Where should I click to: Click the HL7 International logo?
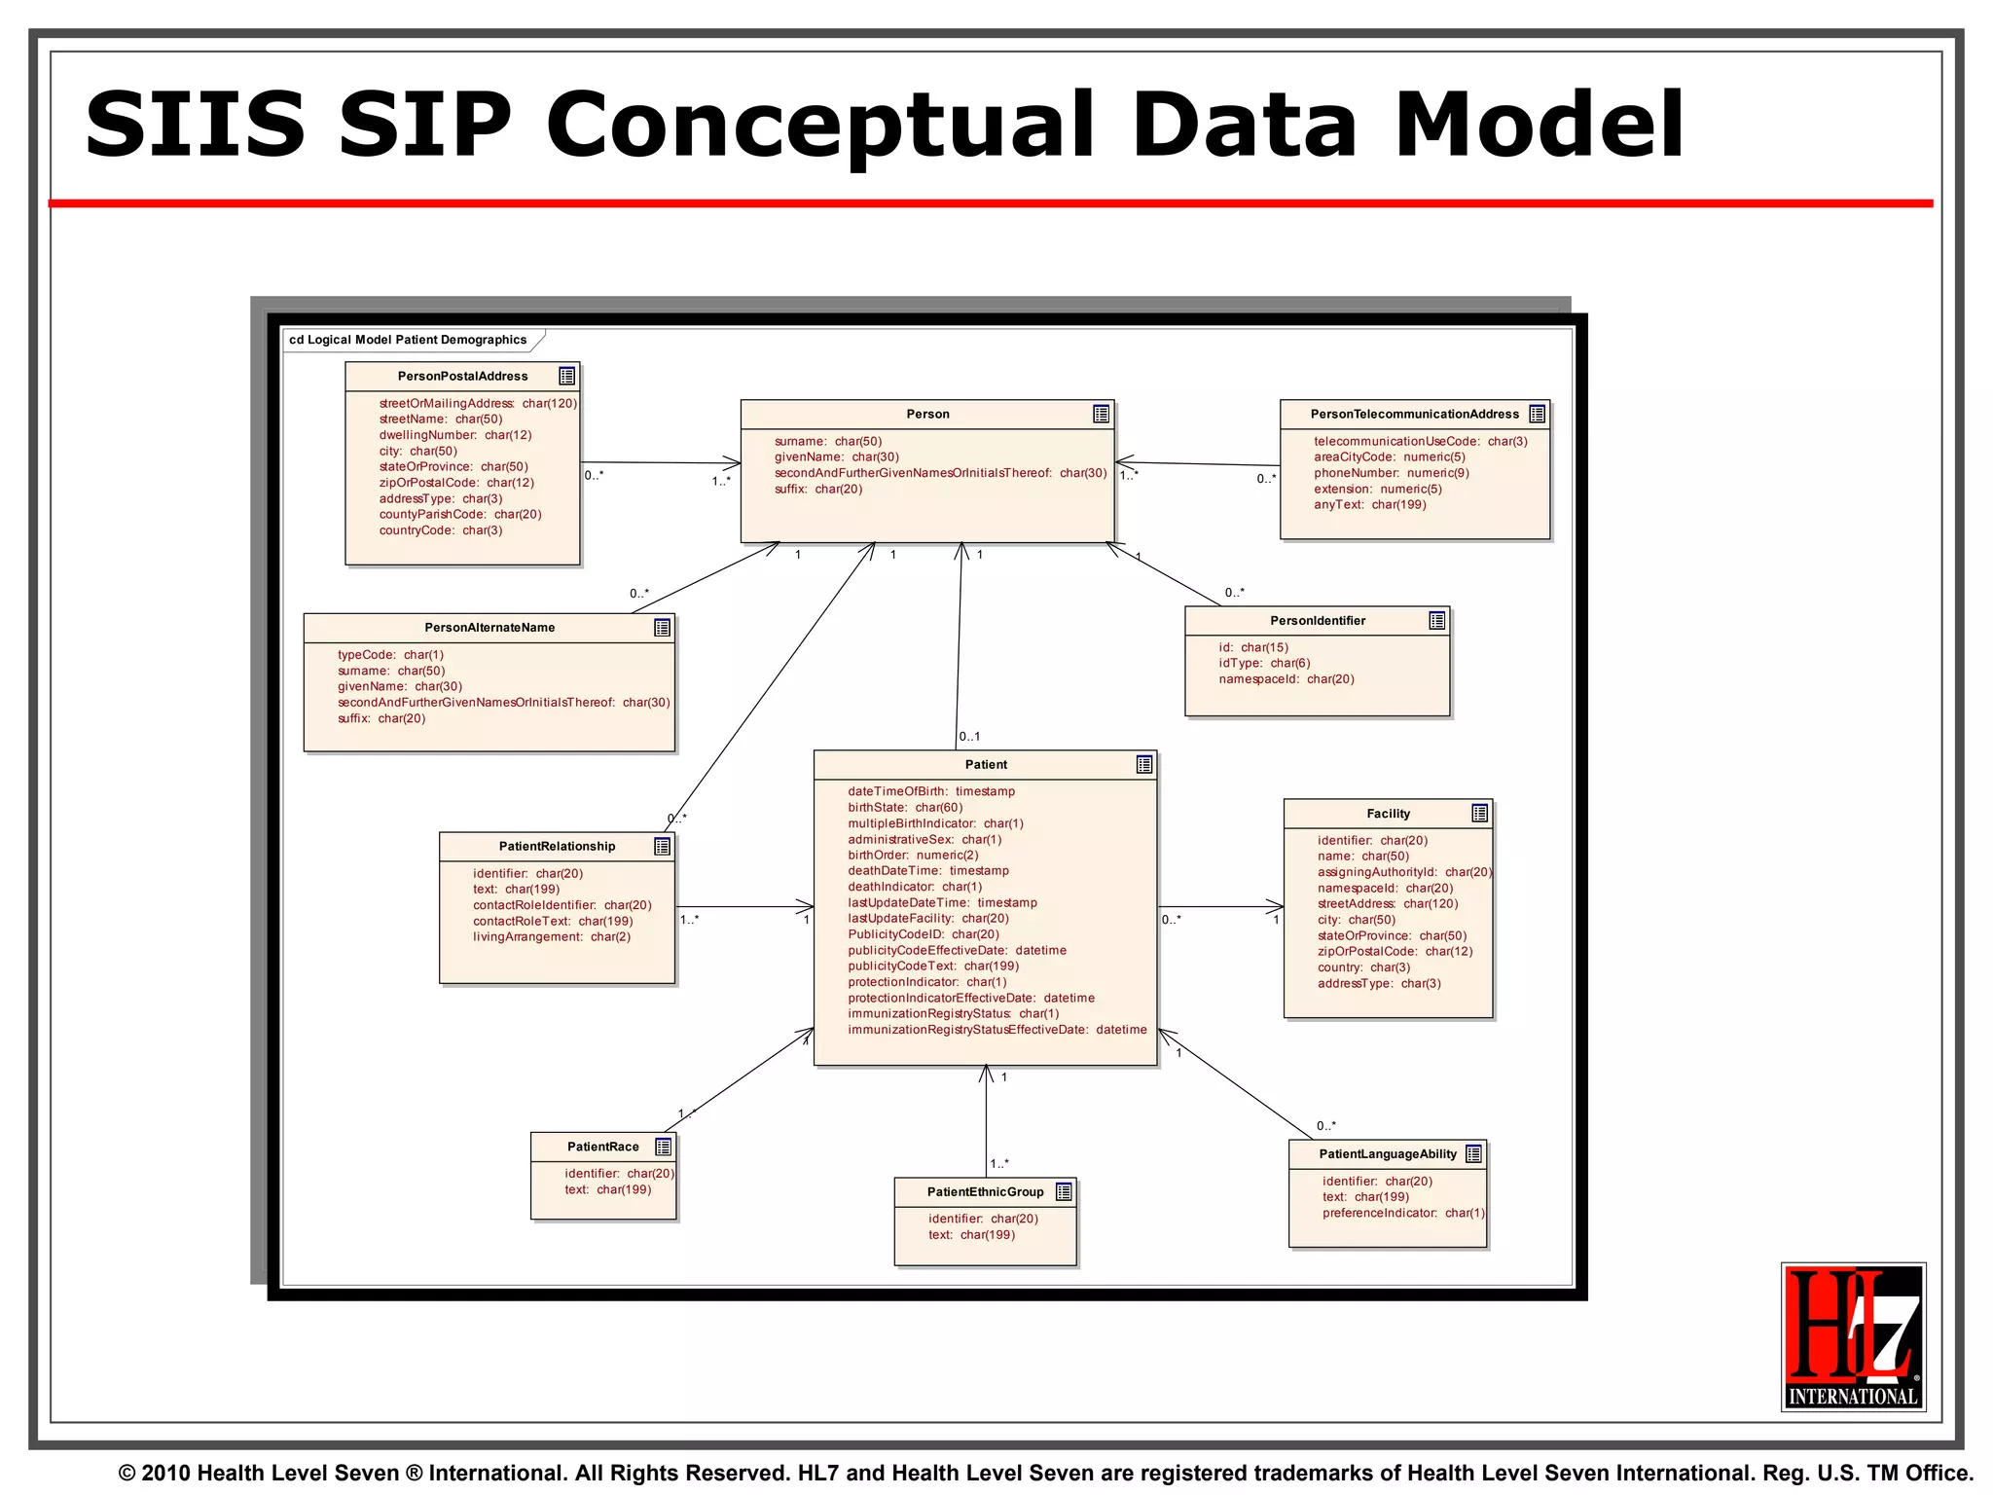(1853, 1335)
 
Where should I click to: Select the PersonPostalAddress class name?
(462, 377)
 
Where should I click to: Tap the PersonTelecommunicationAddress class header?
(1414, 415)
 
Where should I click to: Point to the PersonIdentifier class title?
(1317, 621)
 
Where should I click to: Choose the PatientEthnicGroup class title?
(985, 1192)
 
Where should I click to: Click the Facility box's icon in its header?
(1479, 814)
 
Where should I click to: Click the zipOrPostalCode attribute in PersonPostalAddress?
(455, 483)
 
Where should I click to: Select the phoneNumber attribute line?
(1391, 473)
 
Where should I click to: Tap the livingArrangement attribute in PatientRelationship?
(551, 937)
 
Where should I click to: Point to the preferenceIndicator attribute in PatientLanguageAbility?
(1402, 1214)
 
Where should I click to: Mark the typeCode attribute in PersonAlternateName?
(390, 655)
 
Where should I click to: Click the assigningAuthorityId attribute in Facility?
(1403, 873)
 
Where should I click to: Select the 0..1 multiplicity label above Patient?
(969, 737)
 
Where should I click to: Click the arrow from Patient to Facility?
(1220, 907)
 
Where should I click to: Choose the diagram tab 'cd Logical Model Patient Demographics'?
(408, 340)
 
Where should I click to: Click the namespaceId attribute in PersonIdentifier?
(1286, 679)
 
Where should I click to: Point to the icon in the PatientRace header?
(663, 1148)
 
